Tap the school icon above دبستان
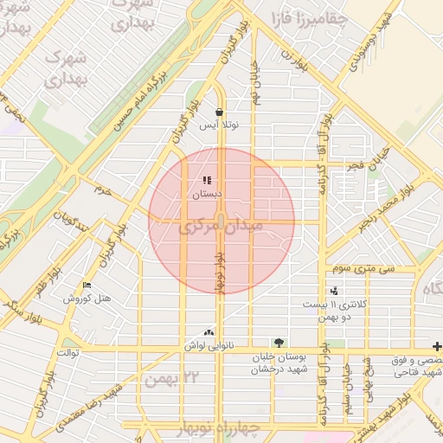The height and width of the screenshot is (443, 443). click(x=206, y=181)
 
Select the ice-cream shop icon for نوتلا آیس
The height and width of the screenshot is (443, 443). click(x=220, y=112)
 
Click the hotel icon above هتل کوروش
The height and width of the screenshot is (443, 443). click(x=87, y=286)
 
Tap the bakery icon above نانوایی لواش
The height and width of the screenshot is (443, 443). click(x=208, y=332)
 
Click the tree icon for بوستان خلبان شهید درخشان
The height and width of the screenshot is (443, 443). click(x=278, y=343)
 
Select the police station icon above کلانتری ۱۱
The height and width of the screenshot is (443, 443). click(x=334, y=292)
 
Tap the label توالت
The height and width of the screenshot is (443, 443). click(x=67, y=354)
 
